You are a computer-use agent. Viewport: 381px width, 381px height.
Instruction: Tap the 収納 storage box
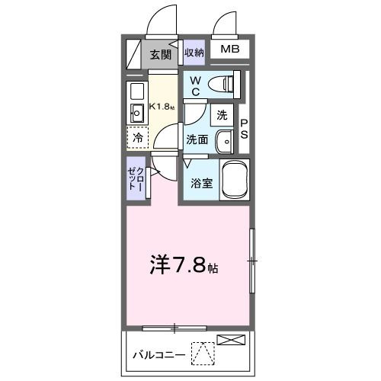click(194, 53)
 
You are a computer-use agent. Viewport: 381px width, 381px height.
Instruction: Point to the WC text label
click(195, 85)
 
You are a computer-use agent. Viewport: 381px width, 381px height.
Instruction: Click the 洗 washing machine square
click(222, 115)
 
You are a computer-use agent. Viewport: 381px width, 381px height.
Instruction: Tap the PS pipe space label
click(245, 128)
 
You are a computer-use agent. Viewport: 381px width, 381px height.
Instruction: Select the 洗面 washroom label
click(197, 139)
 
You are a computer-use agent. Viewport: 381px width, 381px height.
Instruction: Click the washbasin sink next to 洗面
click(225, 141)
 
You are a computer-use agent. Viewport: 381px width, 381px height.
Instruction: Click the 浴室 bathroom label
click(201, 184)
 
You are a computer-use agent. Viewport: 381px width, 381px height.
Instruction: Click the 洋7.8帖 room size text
click(184, 267)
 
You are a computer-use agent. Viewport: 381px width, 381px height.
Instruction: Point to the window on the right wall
click(252, 261)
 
